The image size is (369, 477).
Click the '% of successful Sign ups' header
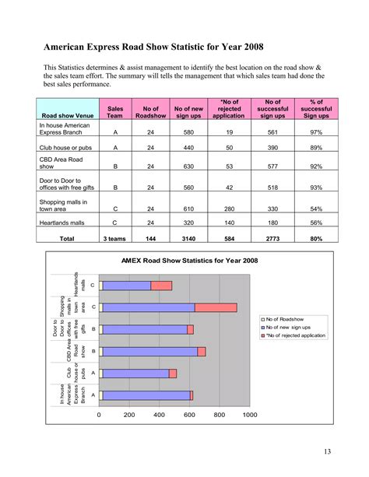click(x=317, y=108)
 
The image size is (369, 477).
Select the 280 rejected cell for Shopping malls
click(x=229, y=208)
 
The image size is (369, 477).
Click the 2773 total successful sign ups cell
click(x=273, y=238)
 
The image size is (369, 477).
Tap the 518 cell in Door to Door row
click(x=273, y=187)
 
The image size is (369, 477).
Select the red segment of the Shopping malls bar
click(x=215, y=307)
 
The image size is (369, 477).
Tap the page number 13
click(x=325, y=451)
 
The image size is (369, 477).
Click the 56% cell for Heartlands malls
click(x=317, y=223)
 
